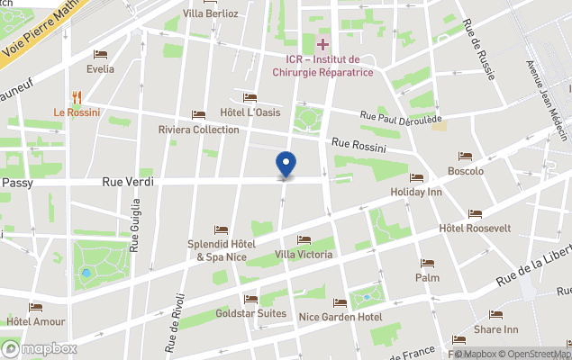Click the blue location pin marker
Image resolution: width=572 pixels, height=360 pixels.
click(286, 165)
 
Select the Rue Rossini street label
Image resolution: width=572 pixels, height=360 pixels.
click(358, 144)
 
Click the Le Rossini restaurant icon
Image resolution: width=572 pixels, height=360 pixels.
click(77, 97)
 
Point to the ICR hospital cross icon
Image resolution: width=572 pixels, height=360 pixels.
click(322, 44)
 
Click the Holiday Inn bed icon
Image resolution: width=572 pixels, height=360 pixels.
click(416, 178)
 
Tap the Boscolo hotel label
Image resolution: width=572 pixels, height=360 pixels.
click(466, 171)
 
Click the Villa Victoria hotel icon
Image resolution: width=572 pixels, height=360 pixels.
click(304, 240)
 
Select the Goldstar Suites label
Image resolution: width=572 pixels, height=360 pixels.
click(251, 314)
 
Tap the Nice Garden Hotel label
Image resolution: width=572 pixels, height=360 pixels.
click(340, 317)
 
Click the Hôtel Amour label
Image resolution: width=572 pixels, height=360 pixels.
click(35, 321)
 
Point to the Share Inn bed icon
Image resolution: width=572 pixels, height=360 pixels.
click(495, 315)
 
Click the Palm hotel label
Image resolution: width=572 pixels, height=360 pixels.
click(427, 278)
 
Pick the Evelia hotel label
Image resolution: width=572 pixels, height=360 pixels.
click(100, 68)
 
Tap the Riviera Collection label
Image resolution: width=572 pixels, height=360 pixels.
click(198, 130)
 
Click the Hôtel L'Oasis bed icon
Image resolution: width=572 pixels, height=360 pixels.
click(250, 98)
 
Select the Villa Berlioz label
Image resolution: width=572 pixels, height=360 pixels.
click(210, 13)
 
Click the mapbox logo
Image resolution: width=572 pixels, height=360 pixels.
click(40, 348)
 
